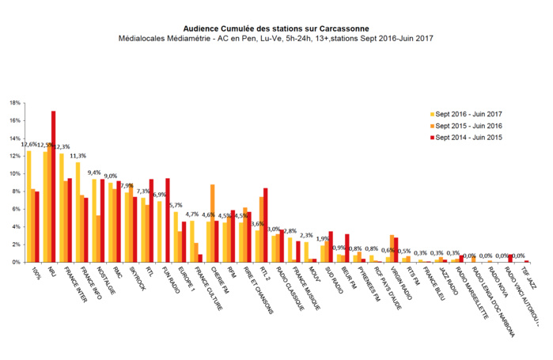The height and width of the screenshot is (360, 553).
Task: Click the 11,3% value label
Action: [78, 156]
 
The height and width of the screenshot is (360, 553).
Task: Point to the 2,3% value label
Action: [306, 235]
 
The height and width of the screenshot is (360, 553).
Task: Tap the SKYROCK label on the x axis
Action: [131, 279]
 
